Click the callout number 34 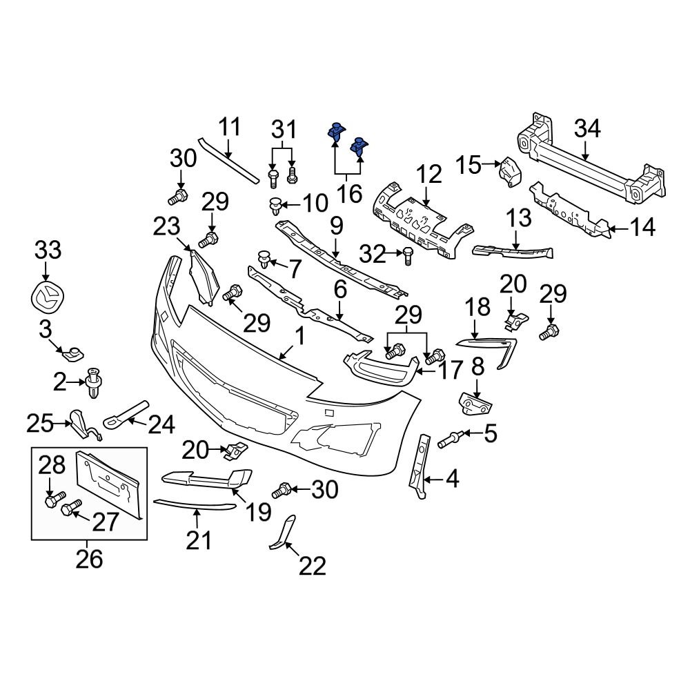(588, 129)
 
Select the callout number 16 (350, 193)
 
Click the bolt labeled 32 (407, 255)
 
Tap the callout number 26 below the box (89, 558)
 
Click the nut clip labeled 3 (71, 355)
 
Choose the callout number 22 (312, 566)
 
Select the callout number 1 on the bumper (299, 336)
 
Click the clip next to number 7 (264, 259)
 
